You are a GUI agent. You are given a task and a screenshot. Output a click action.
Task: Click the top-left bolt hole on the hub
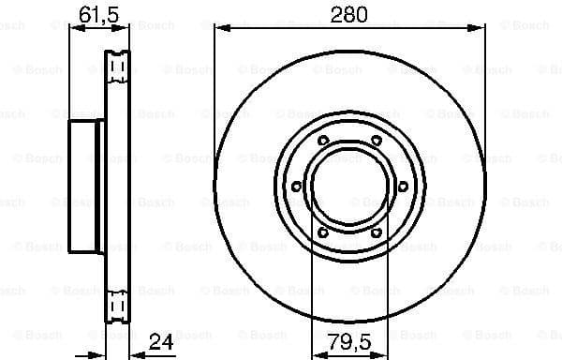(x=323, y=141)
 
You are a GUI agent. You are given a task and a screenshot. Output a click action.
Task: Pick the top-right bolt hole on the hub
(x=377, y=141)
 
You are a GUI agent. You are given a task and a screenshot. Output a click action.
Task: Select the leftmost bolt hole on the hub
(x=296, y=187)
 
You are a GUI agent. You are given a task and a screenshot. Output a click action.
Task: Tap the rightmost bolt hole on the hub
(x=404, y=187)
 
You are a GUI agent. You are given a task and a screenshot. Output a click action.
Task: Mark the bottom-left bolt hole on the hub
(x=323, y=232)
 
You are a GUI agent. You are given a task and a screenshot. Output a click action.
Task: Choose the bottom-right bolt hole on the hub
(x=377, y=232)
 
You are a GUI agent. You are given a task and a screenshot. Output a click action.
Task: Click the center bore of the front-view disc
(x=349, y=187)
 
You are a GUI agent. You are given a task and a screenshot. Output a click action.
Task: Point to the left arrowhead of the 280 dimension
(x=220, y=28)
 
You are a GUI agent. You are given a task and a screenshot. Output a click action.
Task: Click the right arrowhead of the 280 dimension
(x=481, y=28)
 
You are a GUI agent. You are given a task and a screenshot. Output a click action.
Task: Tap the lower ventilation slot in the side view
(x=117, y=306)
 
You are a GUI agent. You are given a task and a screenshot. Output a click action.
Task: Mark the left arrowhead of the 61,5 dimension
(x=75, y=28)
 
